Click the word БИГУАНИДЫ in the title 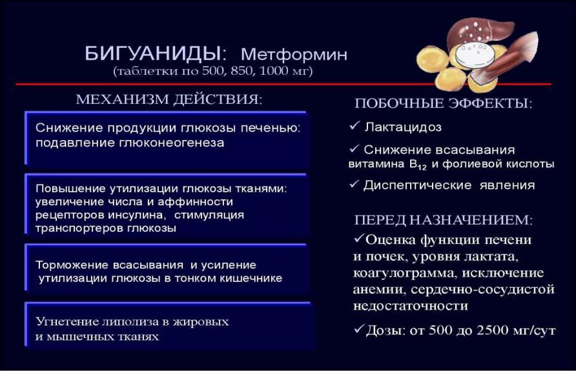[153, 54]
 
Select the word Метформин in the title [294, 55]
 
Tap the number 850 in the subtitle [242, 70]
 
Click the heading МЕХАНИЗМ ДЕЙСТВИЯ [169, 99]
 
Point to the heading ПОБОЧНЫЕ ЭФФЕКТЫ [444, 103]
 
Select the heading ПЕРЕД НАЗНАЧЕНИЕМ [444, 220]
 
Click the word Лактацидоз [402, 127]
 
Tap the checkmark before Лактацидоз [355, 126]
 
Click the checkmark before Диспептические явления [355, 184]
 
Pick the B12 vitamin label [418, 165]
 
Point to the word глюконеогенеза [171, 143]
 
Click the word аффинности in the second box [196, 202]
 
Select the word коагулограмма [405, 273]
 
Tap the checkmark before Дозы [359, 329]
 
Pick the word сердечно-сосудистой [482, 289]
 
